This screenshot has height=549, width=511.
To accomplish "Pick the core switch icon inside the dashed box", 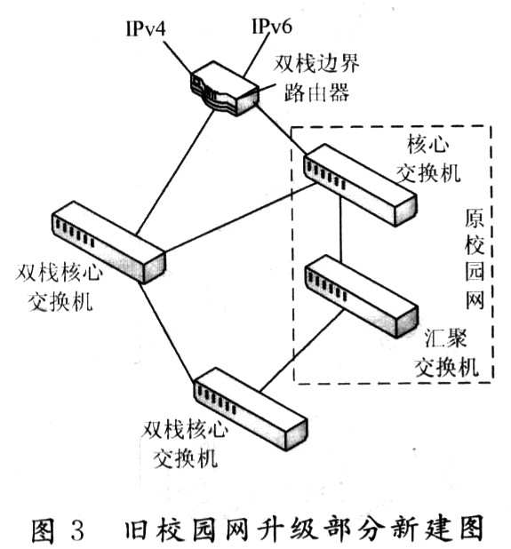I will [360, 187].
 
